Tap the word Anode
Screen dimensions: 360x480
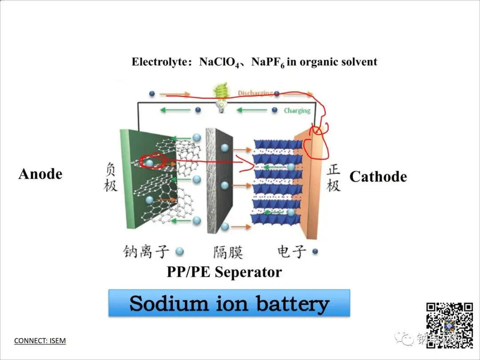click(x=40, y=174)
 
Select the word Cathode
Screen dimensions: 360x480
click(x=378, y=176)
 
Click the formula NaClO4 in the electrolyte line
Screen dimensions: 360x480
click(x=220, y=62)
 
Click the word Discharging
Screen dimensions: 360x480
click(x=255, y=93)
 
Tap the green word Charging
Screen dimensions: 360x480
click(x=297, y=110)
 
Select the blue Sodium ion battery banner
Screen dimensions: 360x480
click(x=229, y=303)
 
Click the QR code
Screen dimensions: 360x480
click(x=449, y=324)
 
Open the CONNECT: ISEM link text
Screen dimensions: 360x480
click(x=40, y=341)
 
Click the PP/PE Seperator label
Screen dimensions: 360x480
click(x=224, y=272)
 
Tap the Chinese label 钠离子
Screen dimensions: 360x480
click(x=146, y=252)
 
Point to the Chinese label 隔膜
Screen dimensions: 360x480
click(x=228, y=252)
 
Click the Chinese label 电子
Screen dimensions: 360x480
click(x=292, y=252)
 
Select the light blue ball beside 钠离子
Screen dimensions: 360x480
click(x=180, y=252)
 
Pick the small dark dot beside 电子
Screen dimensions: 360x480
click(x=315, y=252)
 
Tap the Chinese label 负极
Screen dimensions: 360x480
click(x=111, y=177)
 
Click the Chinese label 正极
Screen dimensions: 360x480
click(x=333, y=177)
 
